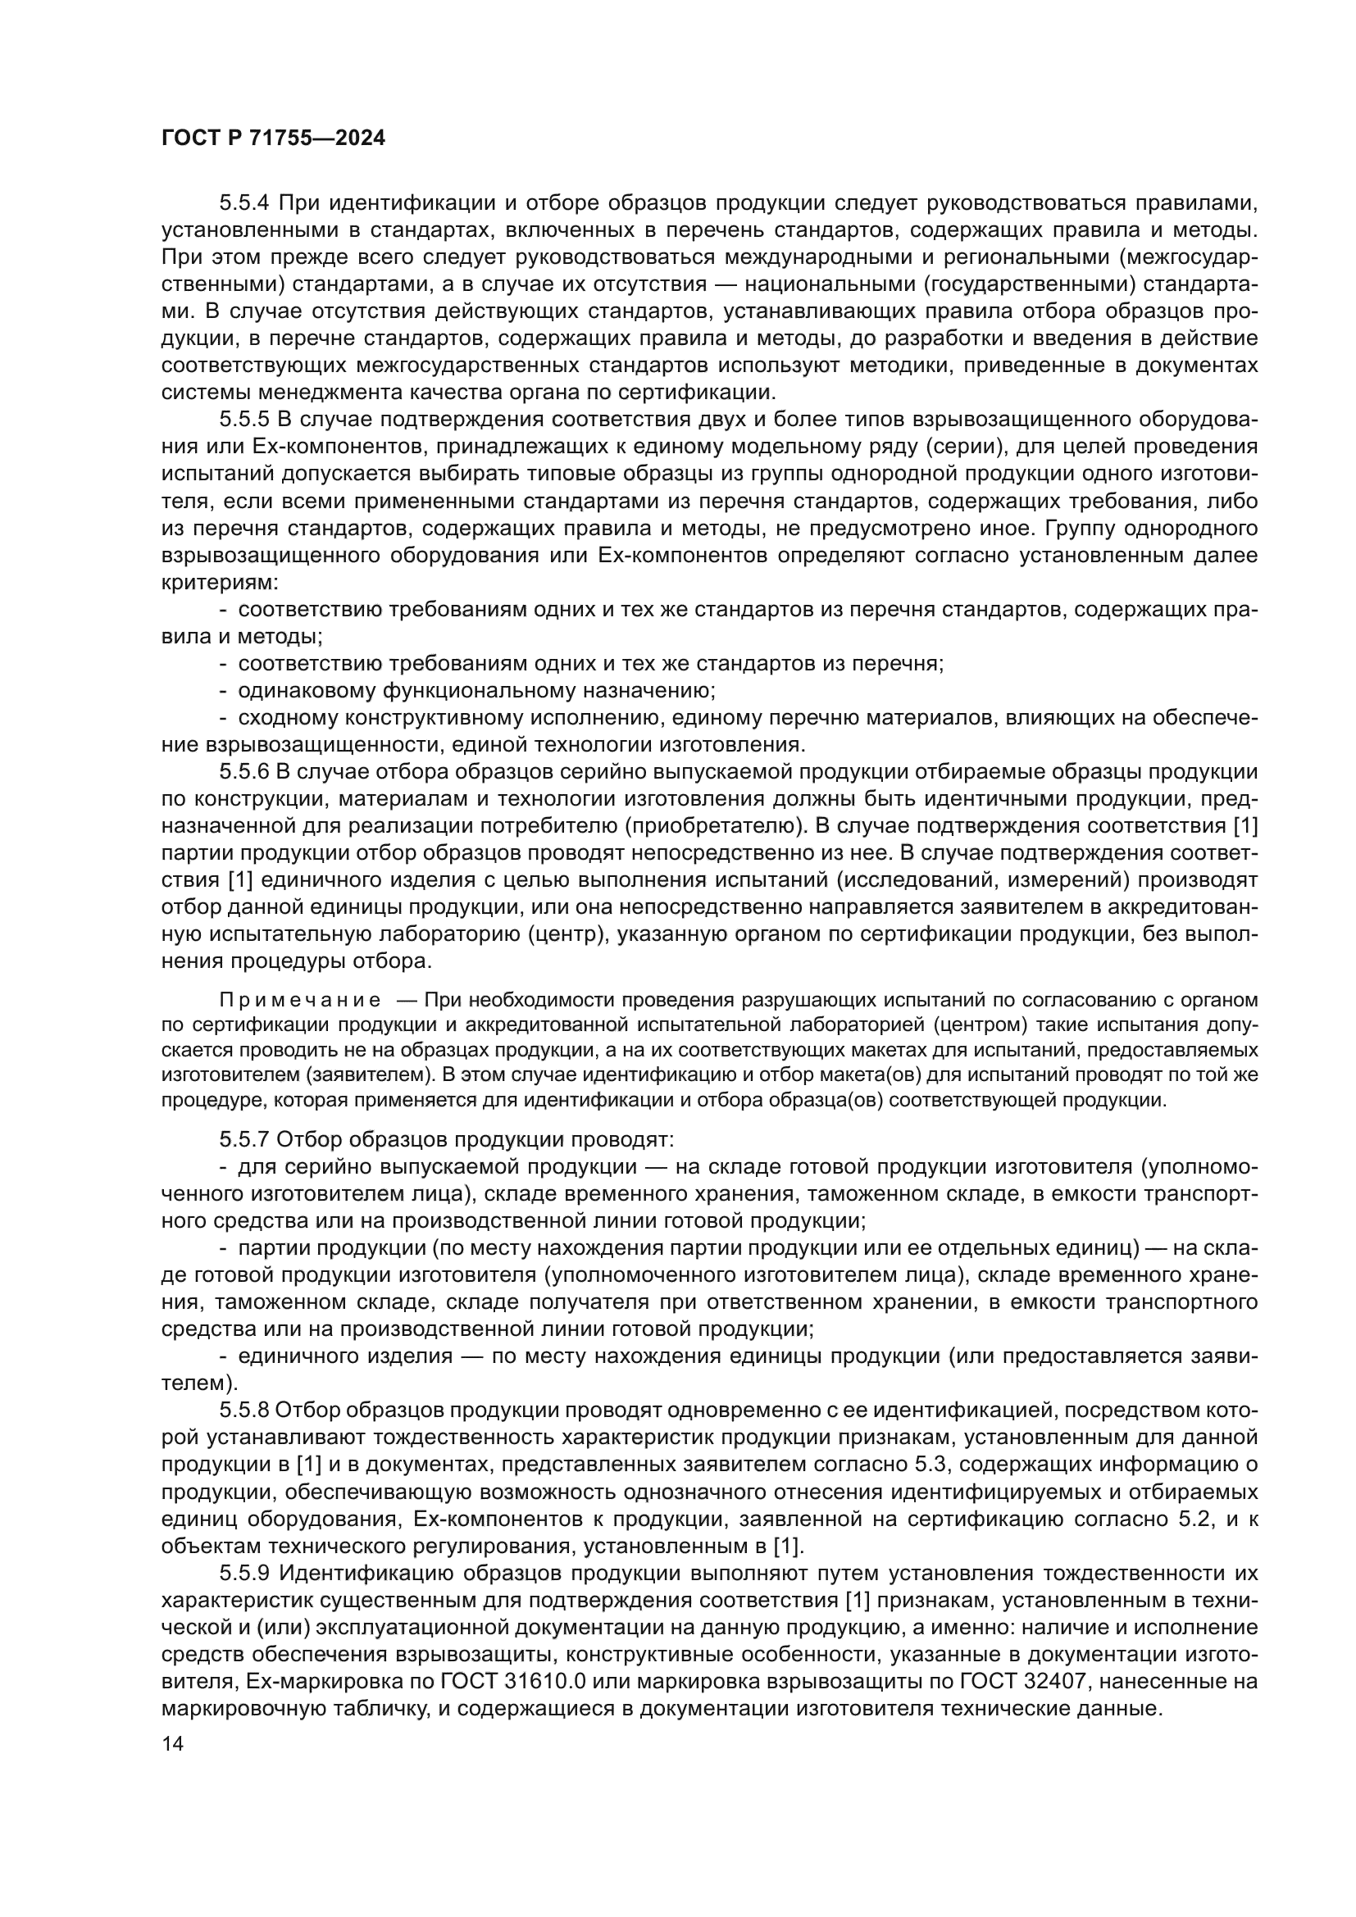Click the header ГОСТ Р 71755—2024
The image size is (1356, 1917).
(x=273, y=139)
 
